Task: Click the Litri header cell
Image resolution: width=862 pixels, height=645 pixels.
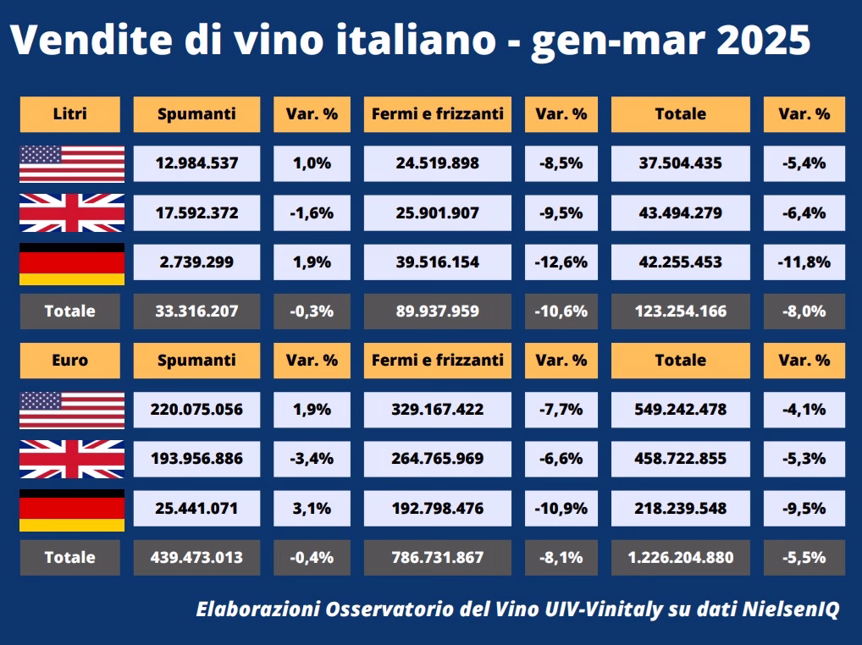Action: (70, 114)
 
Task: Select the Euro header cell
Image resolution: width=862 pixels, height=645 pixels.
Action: (70, 360)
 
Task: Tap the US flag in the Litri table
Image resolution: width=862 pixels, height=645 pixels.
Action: (72, 163)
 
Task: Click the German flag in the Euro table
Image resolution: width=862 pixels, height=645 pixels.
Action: (72, 510)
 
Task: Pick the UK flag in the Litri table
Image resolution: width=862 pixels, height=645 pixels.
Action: (72, 212)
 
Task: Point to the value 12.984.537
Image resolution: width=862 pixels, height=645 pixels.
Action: (196, 163)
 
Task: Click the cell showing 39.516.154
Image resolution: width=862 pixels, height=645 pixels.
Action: (437, 262)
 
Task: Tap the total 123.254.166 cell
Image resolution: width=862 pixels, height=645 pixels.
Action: (680, 311)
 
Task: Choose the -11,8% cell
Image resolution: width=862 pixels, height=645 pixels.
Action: (804, 262)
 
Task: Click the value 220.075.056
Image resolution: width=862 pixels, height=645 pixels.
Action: (196, 410)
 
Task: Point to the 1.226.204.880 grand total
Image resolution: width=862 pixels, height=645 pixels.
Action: (680, 558)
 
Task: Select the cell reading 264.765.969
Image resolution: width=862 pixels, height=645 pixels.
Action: (437, 459)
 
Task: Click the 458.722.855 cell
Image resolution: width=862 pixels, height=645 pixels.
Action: (680, 459)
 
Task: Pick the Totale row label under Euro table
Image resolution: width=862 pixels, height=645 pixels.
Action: (70, 558)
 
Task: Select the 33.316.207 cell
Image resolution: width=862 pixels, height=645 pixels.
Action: (196, 311)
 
